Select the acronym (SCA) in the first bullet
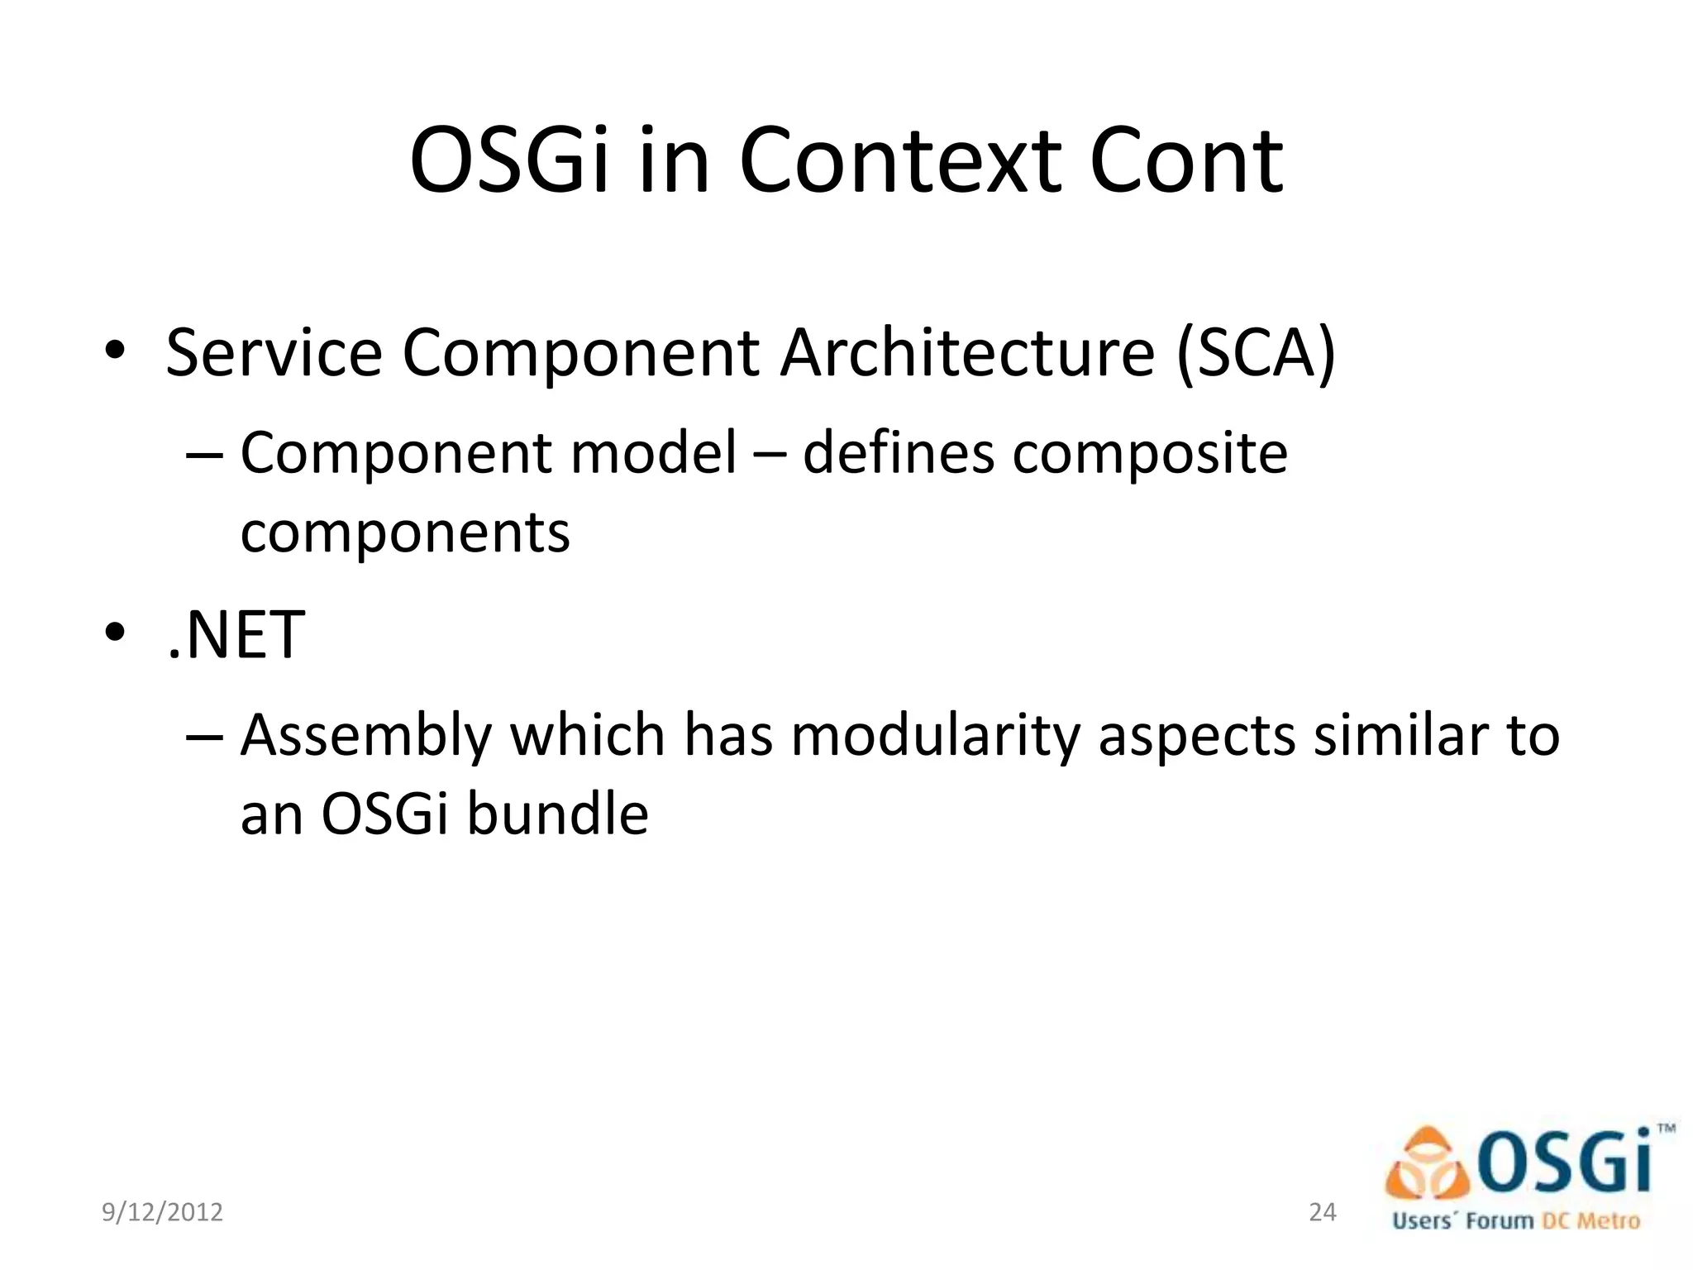pos(1257,354)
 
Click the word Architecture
pos(967,354)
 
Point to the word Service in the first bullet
pos(274,354)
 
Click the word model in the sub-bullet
pos(654,454)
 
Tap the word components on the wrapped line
pos(405,534)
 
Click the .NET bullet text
pos(236,635)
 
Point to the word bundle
pos(557,814)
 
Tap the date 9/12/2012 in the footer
pos(162,1212)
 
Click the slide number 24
pos(1323,1212)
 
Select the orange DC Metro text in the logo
pos(1591,1220)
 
